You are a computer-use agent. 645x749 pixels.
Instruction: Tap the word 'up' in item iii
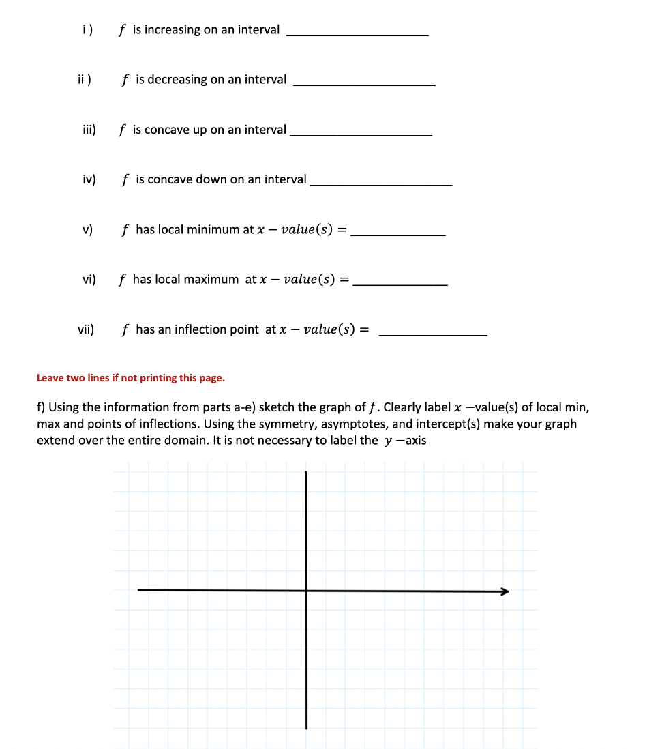(x=198, y=130)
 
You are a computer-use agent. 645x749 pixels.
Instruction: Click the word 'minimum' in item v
(x=212, y=230)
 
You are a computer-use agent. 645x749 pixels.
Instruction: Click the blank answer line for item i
(x=357, y=34)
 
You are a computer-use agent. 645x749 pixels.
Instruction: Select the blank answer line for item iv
(x=380, y=184)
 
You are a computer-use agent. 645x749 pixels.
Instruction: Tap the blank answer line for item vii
(x=432, y=334)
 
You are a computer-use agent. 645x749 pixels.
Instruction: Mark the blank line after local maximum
(x=402, y=284)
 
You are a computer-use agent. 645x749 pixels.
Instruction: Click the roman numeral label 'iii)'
(x=89, y=130)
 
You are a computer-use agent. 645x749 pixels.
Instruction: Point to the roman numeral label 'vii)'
(x=86, y=329)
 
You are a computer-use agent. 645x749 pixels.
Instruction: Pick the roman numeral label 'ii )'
(x=85, y=80)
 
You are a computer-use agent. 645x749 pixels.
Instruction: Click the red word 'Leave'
(x=50, y=378)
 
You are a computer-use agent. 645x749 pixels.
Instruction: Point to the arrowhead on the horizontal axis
(x=505, y=591)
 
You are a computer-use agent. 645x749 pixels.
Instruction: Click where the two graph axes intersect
(x=306, y=591)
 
